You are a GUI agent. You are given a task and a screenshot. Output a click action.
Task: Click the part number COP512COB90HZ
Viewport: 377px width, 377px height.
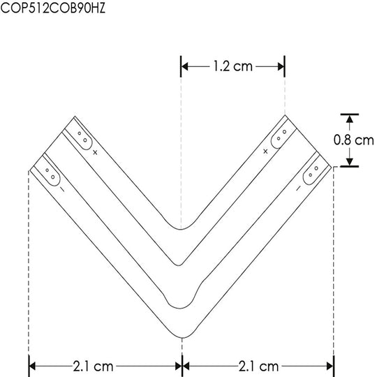tap(53, 8)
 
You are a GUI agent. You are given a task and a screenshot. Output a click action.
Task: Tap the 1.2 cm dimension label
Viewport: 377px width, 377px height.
tap(232, 66)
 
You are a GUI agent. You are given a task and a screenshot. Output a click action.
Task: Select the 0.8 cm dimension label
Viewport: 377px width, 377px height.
tap(353, 140)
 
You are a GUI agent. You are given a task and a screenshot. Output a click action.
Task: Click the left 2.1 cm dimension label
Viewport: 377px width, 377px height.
tap(93, 367)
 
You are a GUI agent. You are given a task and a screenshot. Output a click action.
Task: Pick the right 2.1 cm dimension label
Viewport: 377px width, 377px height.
tap(258, 367)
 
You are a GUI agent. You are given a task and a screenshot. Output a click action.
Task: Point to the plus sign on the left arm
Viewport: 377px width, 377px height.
tap(95, 152)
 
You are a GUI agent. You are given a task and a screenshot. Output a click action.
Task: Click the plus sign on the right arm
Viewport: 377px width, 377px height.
tap(265, 151)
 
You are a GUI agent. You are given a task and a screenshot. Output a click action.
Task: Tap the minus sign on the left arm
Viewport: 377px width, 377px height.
tap(62, 189)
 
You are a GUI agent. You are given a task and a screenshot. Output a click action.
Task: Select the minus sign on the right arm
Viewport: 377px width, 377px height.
tap(298, 188)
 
